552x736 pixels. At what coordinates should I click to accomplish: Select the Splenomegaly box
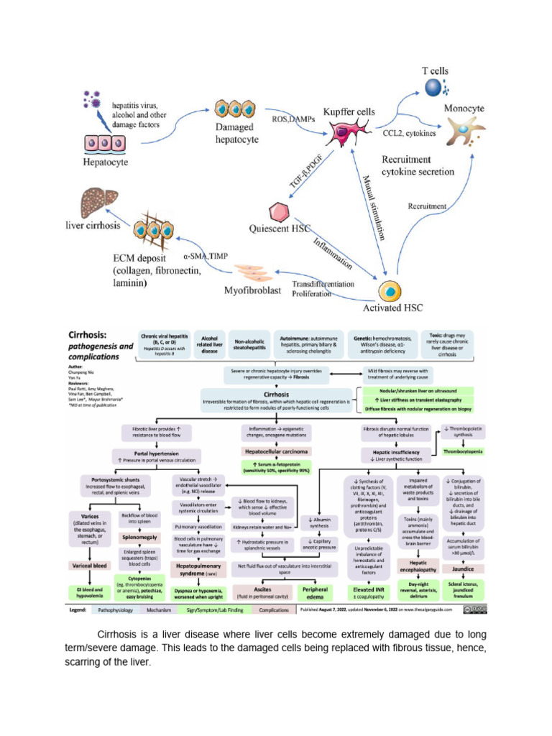(139, 536)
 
